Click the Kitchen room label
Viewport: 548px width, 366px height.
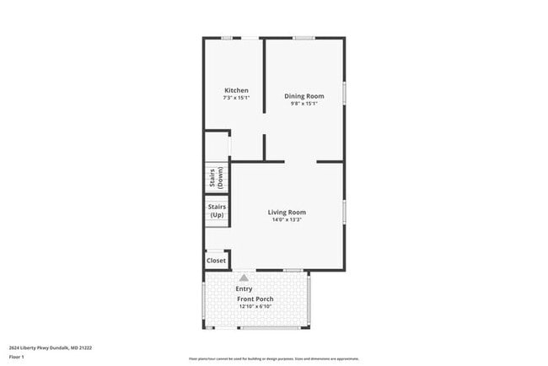click(235, 90)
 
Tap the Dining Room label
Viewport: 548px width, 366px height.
click(304, 96)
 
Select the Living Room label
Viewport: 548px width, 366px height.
click(287, 213)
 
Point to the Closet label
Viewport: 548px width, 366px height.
click(216, 261)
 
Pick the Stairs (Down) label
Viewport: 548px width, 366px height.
click(216, 177)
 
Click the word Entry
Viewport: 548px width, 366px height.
click(244, 288)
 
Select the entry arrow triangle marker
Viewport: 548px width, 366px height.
click(244, 277)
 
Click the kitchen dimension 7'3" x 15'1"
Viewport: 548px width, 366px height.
click(235, 98)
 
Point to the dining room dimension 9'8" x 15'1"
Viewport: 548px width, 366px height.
click(304, 104)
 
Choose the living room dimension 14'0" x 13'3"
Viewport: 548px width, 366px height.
click(287, 220)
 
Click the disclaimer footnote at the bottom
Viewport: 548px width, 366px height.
click(274, 358)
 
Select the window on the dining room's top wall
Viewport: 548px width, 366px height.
click(304, 38)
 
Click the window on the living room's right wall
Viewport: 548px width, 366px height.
click(344, 211)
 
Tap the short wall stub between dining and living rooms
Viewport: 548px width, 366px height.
click(265, 147)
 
